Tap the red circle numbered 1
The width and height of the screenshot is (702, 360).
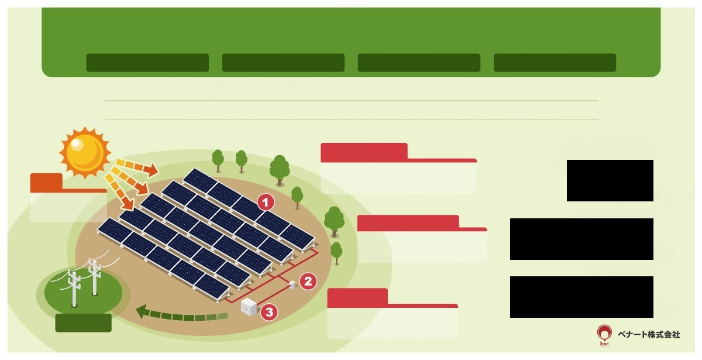point(266,203)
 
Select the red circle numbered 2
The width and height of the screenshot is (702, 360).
point(308,281)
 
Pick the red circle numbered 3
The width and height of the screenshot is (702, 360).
point(269,312)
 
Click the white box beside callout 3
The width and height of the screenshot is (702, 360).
point(249,307)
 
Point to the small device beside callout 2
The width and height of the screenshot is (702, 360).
point(292,284)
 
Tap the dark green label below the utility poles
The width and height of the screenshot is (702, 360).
point(83,323)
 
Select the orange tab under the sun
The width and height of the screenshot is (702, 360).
point(46,181)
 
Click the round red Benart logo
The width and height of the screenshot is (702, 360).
point(604,334)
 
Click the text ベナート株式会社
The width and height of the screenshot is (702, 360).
point(649,334)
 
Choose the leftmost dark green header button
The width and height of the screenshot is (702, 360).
point(147,63)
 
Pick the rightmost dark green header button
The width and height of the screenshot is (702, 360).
point(555,63)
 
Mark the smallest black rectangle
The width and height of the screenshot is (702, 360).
point(610,180)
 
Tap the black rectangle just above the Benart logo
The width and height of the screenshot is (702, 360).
point(581,297)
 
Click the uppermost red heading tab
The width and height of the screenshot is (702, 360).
point(364,152)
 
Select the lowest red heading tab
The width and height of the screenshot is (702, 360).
point(357,297)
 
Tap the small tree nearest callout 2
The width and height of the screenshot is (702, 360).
point(336,252)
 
